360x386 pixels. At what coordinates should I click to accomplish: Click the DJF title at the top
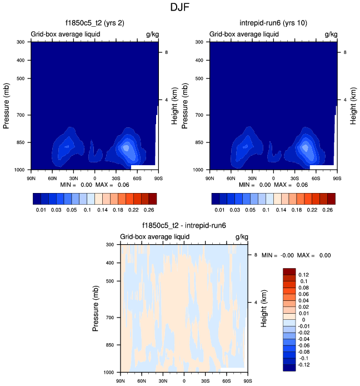click(181, 8)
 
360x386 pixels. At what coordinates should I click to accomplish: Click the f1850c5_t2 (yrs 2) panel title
click(94, 23)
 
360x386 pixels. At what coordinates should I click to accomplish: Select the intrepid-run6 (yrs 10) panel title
click(273, 23)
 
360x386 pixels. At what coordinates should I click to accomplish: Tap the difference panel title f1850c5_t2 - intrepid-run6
click(183, 226)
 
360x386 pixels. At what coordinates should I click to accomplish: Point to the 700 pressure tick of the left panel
click(24, 115)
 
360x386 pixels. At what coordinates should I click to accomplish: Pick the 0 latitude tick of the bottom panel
click(184, 381)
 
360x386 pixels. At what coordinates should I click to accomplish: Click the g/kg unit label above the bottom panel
click(241, 237)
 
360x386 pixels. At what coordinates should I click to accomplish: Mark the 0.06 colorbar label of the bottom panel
click(303, 294)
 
